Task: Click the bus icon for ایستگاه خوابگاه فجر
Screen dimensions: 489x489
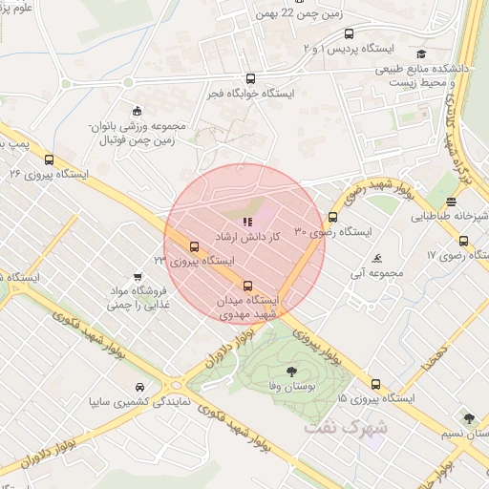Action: [x=250, y=79]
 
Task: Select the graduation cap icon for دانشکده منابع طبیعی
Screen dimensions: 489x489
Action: [x=421, y=54]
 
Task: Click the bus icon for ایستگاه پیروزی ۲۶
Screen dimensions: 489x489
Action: [x=47, y=159]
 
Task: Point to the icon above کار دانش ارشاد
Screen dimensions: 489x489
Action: [x=235, y=223]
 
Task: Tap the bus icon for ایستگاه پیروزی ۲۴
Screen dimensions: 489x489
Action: [x=195, y=245]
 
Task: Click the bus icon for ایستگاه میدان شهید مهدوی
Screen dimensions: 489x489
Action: [x=248, y=285]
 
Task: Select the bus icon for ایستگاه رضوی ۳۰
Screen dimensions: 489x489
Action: [x=332, y=217]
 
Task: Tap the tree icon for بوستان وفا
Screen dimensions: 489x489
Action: [x=290, y=371]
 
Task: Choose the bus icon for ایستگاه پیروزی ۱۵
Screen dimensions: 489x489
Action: [x=373, y=384]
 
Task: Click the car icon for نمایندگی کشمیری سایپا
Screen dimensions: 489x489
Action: [x=140, y=387]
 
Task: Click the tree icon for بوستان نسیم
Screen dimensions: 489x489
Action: [x=468, y=418]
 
